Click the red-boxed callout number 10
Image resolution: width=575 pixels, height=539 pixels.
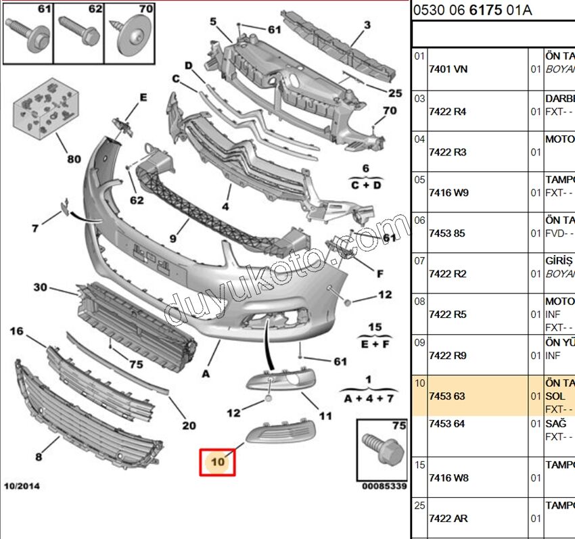coord(217,462)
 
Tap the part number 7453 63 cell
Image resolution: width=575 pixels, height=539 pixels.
coord(446,396)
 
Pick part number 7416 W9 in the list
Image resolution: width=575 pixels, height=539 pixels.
coord(448,192)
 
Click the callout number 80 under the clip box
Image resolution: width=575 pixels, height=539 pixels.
coord(73,160)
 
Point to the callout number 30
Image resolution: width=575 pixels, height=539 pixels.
coord(41,287)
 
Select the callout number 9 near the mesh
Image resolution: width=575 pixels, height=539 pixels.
coord(173,239)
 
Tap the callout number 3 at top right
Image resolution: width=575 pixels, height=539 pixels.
coord(367,26)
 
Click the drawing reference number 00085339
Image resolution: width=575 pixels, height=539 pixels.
coord(384,486)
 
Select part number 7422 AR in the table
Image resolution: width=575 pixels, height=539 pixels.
coord(448,518)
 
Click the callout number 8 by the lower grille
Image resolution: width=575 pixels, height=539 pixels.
coord(39,457)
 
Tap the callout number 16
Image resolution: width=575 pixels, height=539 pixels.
coord(17,331)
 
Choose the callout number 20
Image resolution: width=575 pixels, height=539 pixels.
coord(189,425)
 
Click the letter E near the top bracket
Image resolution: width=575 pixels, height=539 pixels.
coord(143,97)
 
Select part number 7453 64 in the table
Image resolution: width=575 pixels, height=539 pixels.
coord(446,423)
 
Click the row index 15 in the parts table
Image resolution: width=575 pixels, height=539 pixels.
coord(419,465)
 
